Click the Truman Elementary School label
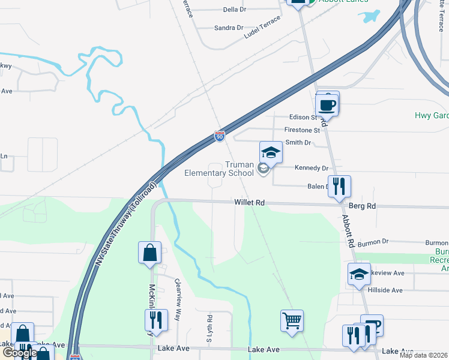pyautogui.click(x=218, y=169)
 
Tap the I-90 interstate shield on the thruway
pyautogui.click(x=220, y=137)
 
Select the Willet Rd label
pyautogui.click(x=250, y=203)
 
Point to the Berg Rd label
pyautogui.click(x=362, y=206)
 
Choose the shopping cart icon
pyautogui.click(x=292, y=320)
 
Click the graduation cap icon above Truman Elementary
pyautogui.click(x=271, y=152)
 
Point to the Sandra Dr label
pyautogui.click(x=229, y=28)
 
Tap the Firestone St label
pyautogui.click(x=302, y=130)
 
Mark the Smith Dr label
pyautogui.click(x=298, y=143)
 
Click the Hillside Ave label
pyautogui.click(x=388, y=290)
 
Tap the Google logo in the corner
pyautogui.click(x=19, y=353)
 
